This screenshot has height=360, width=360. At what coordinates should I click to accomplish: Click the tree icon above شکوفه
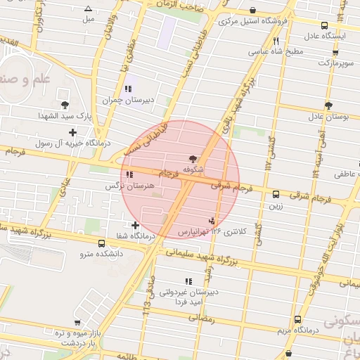(193, 159)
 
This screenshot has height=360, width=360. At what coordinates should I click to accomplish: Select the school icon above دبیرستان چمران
(127, 89)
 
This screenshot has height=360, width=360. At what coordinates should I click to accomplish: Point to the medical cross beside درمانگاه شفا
(136, 225)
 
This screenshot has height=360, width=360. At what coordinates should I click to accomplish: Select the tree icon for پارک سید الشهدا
(65, 103)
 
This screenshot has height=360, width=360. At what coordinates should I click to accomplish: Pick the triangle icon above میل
(88, 9)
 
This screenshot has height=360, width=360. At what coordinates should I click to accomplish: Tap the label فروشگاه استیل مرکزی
(253, 21)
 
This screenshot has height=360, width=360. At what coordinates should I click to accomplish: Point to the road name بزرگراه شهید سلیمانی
(203, 257)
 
